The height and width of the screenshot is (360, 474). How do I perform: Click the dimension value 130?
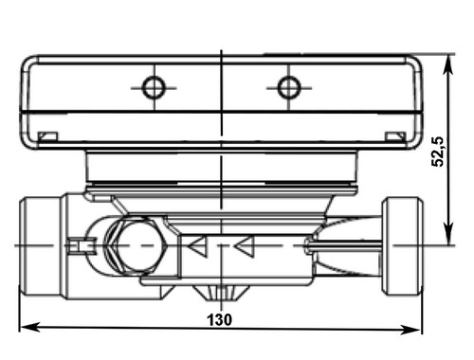[220, 319]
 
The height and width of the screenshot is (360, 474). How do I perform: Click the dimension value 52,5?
[438, 152]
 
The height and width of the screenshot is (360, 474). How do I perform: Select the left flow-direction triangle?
[198, 246]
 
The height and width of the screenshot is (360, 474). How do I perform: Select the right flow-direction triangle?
[244, 246]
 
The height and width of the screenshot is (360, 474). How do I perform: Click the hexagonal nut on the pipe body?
[137, 245]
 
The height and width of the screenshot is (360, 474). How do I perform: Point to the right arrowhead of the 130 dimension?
[410, 331]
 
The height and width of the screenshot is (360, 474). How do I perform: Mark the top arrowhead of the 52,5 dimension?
[448, 65]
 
